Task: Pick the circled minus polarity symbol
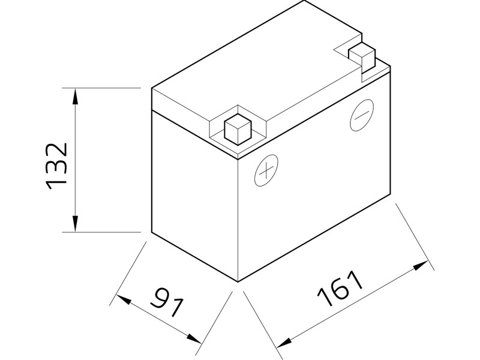[361, 115]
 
